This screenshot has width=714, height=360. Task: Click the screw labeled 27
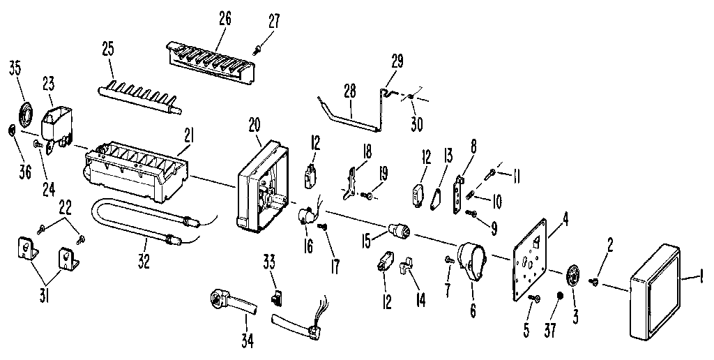tap(258, 47)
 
